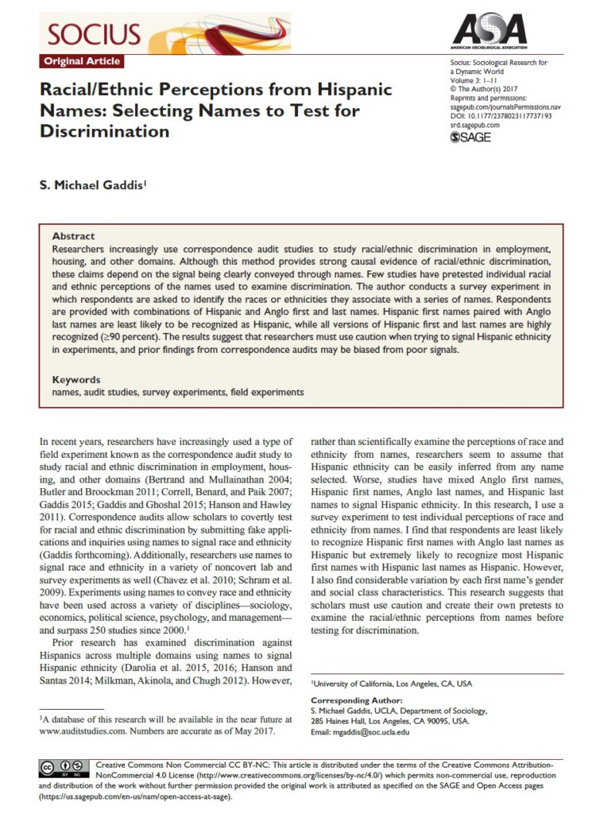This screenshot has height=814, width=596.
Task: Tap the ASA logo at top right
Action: coord(486,30)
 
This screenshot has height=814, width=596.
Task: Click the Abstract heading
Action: coord(73,236)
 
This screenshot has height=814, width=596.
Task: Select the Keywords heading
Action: coord(76,380)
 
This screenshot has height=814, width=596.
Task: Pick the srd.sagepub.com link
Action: coord(475,125)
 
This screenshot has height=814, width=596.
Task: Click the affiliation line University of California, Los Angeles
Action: coord(393,683)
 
